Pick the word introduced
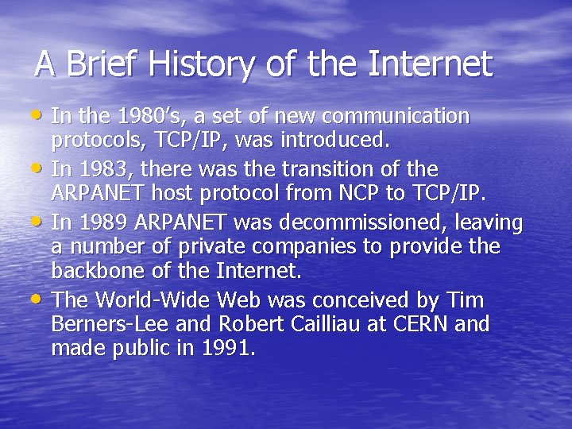pos(342,141)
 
